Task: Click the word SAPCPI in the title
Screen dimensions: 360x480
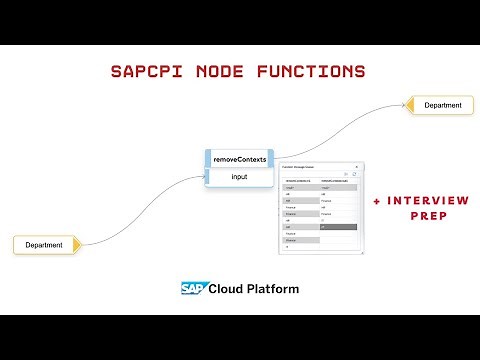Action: pyautogui.click(x=145, y=72)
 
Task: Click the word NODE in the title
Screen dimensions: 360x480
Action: pyautogui.click(x=221, y=72)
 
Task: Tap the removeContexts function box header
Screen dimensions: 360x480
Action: pyautogui.click(x=239, y=159)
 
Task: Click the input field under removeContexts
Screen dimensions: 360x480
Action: pyautogui.click(x=239, y=177)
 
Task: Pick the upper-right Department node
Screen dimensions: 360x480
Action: pyautogui.click(x=441, y=105)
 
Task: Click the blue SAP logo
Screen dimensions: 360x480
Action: pyautogui.click(x=193, y=289)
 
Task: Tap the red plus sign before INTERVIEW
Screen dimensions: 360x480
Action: pyautogui.click(x=376, y=201)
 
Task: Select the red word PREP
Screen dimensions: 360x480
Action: pyautogui.click(x=428, y=215)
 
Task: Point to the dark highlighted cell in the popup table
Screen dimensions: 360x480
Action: pyautogui.click(x=337, y=227)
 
